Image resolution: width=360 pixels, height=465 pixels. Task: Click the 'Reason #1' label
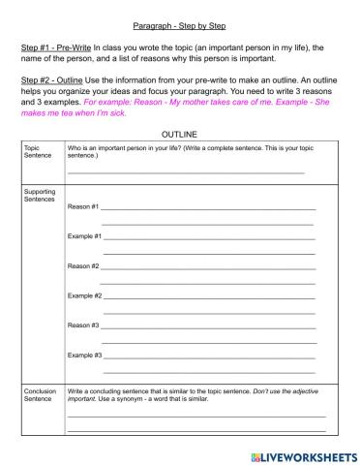pyautogui.click(x=82, y=207)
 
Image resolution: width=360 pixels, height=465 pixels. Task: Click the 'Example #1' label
pyautogui.click(x=84, y=236)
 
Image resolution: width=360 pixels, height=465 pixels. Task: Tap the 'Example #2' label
pyautogui.click(x=84, y=295)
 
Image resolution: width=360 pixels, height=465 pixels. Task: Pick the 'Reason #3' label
pyautogui.click(x=82, y=325)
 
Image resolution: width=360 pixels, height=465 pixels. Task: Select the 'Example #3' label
pyautogui.click(x=84, y=356)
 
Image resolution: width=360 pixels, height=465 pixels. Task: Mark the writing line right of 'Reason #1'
pyautogui.click(x=208, y=209)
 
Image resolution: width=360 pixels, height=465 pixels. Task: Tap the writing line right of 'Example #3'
pyautogui.click(x=210, y=357)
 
